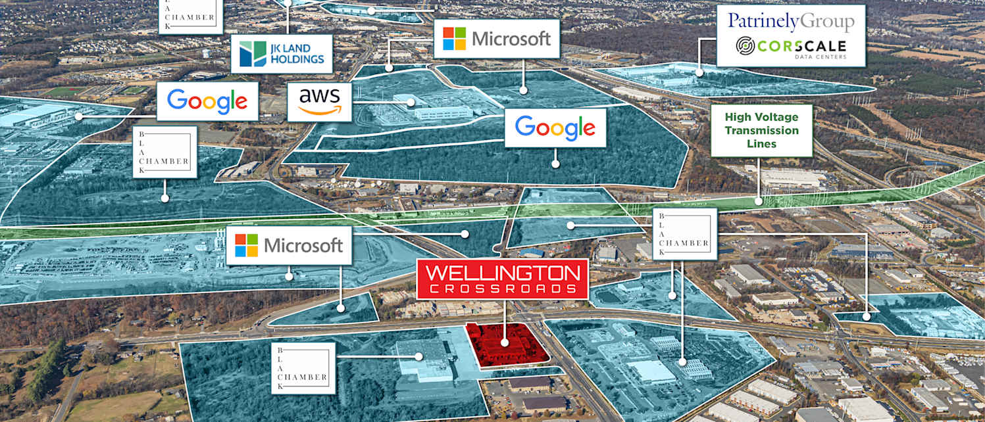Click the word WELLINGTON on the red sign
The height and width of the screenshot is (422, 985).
(502, 273)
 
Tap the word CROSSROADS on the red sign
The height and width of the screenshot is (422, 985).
(502, 289)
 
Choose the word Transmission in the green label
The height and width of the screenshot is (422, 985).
(762, 130)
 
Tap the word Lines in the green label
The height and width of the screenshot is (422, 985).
(762, 143)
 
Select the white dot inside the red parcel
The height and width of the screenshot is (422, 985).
(505, 342)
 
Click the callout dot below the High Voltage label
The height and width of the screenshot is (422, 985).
(759, 200)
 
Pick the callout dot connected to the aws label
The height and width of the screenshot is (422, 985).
(411, 102)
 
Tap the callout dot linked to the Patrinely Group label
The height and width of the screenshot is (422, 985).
(699, 72)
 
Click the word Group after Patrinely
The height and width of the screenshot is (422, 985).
(825, 21)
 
